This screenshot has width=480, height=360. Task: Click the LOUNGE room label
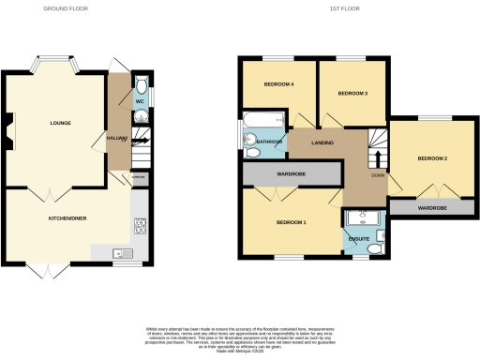pyautogui.click(x=60, y=123)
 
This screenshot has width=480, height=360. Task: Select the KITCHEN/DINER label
pyautogui.click(x=67, y=217)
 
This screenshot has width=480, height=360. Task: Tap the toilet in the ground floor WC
pyautogui.click(x=139, y=81)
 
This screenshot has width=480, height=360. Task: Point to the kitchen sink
pyautogui.click(x=119, y=252)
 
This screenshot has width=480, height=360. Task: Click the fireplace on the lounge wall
pyautogui.click(x=9, y=131)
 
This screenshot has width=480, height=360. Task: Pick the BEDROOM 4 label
pyautogui.click(x=278, y=85)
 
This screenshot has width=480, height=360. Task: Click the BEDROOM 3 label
pyautogui.click(x=352, y=93)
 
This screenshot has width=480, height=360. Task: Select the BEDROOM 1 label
pyautogui.click(x=292, y=222)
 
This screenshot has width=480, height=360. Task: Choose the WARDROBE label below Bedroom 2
pyautogui.click(x=430, y=208)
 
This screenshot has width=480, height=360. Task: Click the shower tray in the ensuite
pyautogui.click(x=361, y=221)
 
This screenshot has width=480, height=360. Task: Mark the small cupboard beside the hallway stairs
pyautogui.click(x=139, y=176)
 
